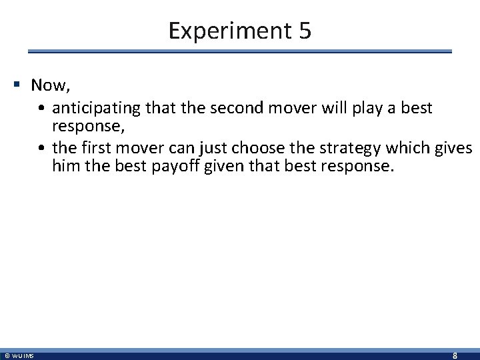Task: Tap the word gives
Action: pyautogui.click(x=455, y=147)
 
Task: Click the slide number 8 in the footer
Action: pyautogui.click(x=455, y=355)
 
